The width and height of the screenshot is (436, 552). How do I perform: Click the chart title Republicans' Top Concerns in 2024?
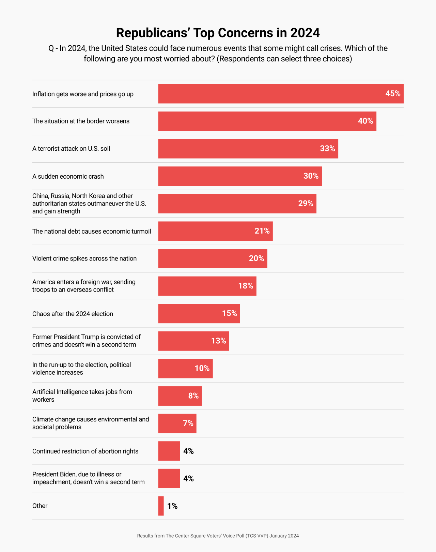(218, 33)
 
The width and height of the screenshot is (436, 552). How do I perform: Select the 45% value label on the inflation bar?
(393, 93)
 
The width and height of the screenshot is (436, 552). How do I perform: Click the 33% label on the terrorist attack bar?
(327, 148)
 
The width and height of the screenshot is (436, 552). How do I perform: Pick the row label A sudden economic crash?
(68, 176)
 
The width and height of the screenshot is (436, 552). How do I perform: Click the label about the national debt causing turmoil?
(91, 231)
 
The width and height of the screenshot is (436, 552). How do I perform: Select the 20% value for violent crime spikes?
(256, 258)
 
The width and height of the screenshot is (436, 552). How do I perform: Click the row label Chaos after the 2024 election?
(73, 314)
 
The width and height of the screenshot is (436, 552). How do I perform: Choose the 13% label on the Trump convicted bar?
(218, 341)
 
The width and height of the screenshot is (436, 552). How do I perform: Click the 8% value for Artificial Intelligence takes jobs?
(193, 396)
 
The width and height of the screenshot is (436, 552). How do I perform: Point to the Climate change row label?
(90, 423)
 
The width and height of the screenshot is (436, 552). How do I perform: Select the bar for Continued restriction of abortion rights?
(169, 451)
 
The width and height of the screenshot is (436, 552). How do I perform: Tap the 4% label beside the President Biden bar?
(188, 478)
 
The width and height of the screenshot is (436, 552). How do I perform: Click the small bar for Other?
(161, 506)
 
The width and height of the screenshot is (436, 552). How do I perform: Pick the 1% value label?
(172, 506)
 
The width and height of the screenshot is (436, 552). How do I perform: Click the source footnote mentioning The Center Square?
(218, 536)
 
